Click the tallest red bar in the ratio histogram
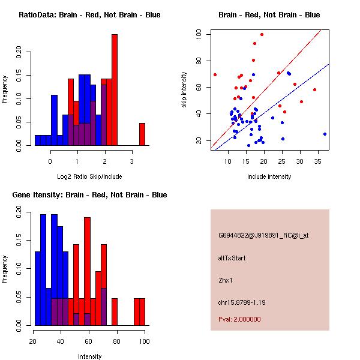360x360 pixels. tap(115, 90)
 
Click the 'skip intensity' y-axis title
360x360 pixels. tap(185, 90)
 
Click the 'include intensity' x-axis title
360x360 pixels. tap(269, 176)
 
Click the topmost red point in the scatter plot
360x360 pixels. tap(262, 34)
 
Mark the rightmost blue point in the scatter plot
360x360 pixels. tap(325, 134)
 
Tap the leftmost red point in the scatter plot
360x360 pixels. tap(215, 75)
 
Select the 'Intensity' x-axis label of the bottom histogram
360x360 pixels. tap(89, 356)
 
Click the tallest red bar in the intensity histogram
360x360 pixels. tap(88, 270)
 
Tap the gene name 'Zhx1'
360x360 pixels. tap(226, 280)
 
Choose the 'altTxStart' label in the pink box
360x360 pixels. tap(232, 258)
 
